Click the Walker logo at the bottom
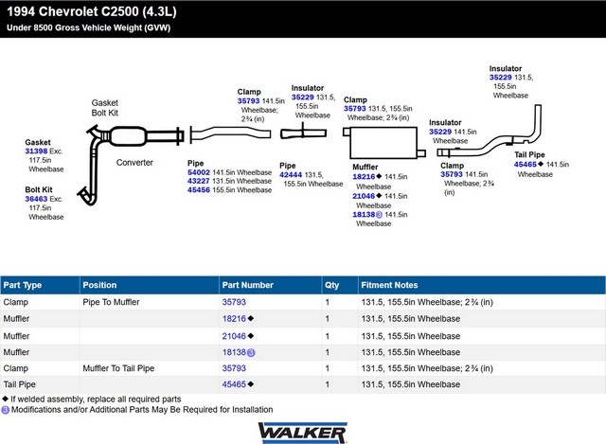pyautogui.click(x=303, y=433)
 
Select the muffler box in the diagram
pyautogui.click(x=383, y=143)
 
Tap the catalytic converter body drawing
pyautogui.click(x=128, y=136)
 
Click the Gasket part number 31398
pyautogui.click(x=36, y=151)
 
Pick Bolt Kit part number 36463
pyautogui.click(x=36, y=199)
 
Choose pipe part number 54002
pyautogui.click(x=199, y=172)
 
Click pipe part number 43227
pyautogui.click(x=199, y=181)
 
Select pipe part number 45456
pyautogui.click(x=199, y=190)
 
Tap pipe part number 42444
pyautogui.click(x=291, y=174)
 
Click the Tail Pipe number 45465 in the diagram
pyautogui.click(x=526, y=165)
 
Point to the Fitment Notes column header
pyautogui.click(x=389, y=285)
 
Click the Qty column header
pyautogui.click(x=332, y=285)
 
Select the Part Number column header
pyautogui.click(x=248, y=285)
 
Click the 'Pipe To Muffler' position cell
pyautogui.click(x=111, y=302)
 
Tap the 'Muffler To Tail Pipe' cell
pyautogui.click(x=118, y=368)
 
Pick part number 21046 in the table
pyautogui.click(x=234, y=336)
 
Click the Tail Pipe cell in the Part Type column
pyautogui.click(x=19, y=384)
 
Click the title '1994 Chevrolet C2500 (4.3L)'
pyautogui.click(x=92, y=11)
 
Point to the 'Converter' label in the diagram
pyautogui.click(x=134, y=163)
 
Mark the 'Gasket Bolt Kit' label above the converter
pyautogui.click(x=105, y=108)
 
